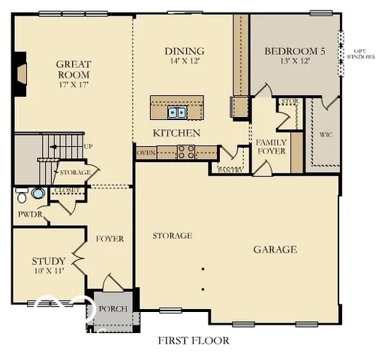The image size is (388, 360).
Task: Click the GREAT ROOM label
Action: click(73, 70)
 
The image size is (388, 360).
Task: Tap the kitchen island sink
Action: click(177, 112)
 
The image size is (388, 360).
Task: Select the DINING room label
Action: click(185, 52)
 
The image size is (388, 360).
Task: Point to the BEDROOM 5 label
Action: click(295, 52)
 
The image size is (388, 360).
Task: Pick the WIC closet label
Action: click(326, 136)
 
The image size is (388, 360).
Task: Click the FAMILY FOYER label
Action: click(271, 146)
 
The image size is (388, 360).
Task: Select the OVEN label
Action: click(146, 152)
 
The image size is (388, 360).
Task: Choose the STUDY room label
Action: click(48, 261)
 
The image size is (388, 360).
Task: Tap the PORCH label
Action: click(113, 309)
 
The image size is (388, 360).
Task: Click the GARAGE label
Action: click(274, 250)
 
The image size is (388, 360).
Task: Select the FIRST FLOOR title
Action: click(193, 340)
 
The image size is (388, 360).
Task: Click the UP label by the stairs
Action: click(89, 146)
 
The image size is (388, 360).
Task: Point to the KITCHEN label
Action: click(176, 133)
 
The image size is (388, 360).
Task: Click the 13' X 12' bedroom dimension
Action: click(294, 61)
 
